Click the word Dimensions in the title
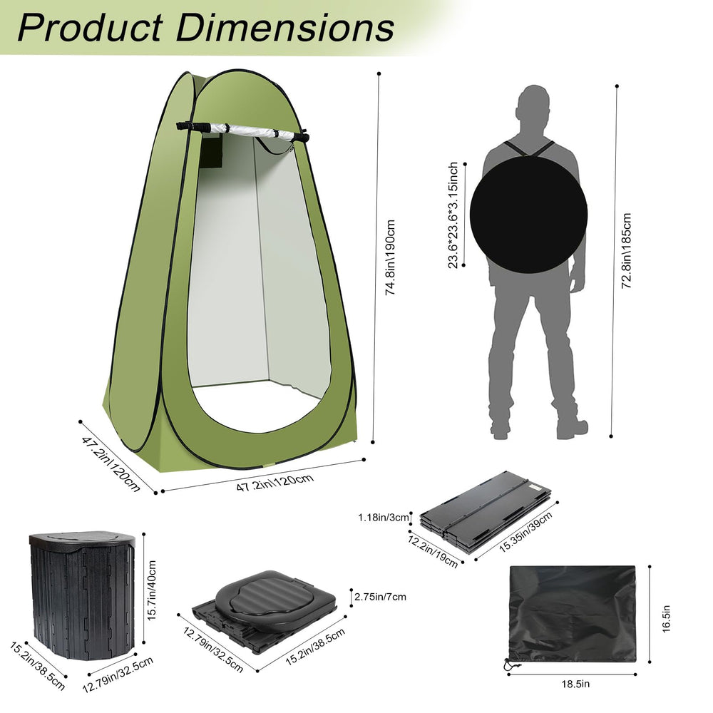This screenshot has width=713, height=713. coord(285,29)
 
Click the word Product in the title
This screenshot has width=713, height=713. coord(90,29)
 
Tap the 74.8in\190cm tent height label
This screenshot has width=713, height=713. coord(390,257)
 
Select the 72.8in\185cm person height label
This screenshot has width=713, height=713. coord(627,250)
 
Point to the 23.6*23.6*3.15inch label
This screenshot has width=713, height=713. coord(453,215)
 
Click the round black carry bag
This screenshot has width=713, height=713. coord(528,215)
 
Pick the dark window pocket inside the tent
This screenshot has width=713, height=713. coord(210,153)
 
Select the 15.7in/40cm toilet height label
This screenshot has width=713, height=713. coord(151,590)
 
